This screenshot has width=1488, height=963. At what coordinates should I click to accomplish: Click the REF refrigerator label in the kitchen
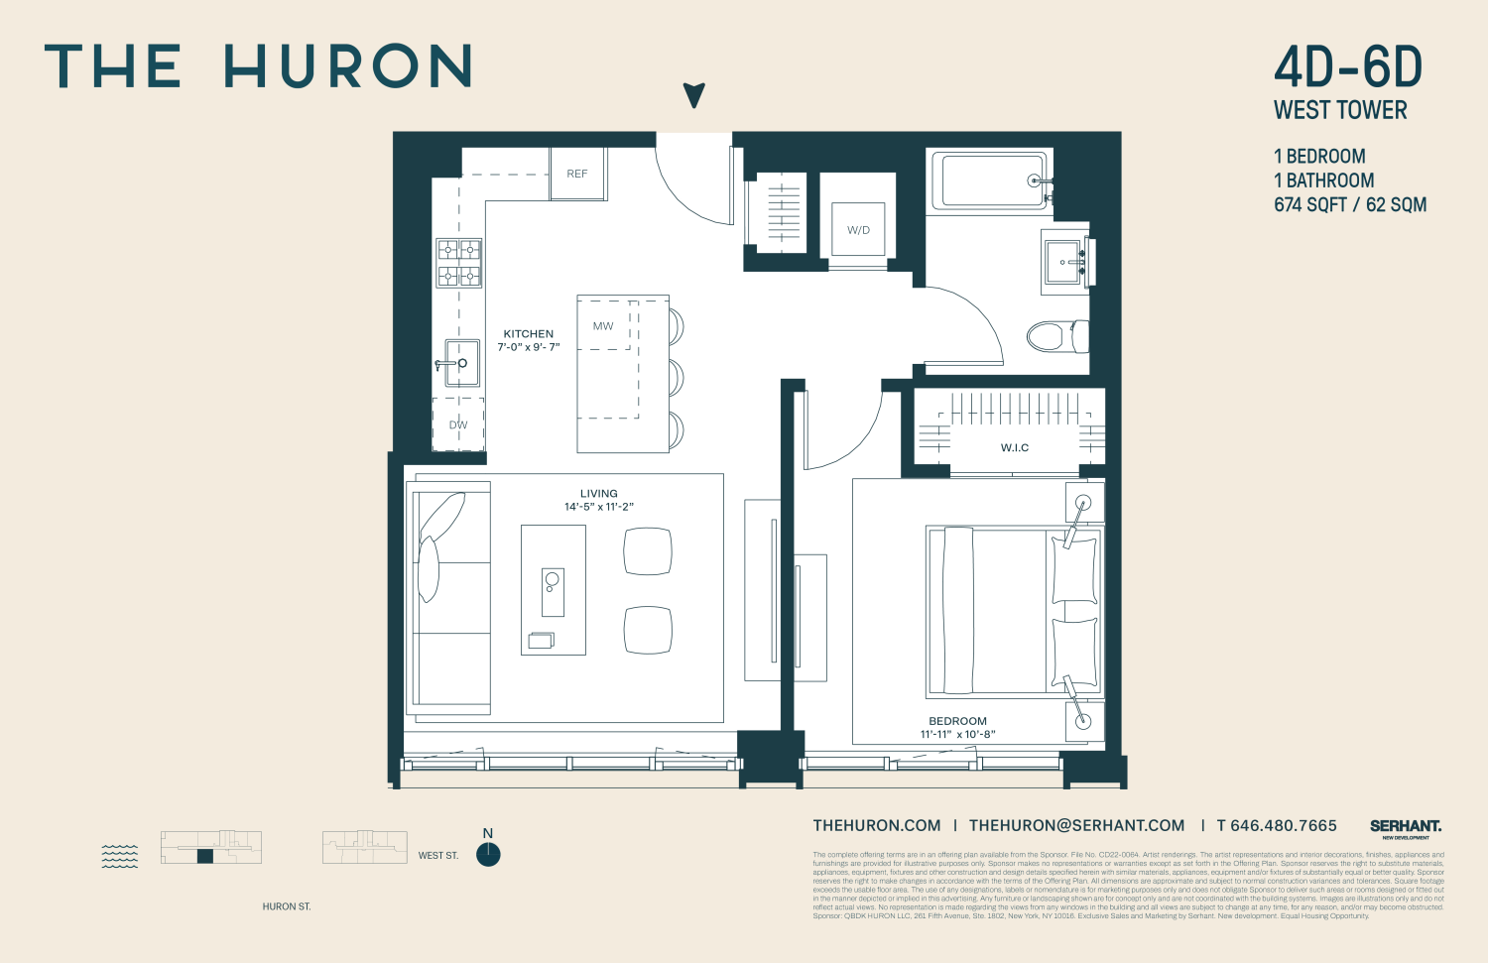577,174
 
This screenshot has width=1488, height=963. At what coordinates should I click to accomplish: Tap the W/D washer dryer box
858,230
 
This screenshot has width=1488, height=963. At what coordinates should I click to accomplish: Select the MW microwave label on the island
603,326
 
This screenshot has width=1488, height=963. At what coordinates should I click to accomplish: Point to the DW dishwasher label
458,425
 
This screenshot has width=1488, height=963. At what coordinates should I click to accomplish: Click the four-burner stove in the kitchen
459,263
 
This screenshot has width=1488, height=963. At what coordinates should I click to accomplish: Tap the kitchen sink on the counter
461,363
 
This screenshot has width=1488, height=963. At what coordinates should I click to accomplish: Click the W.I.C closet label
1015,448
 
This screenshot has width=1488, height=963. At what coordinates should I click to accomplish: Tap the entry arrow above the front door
694,95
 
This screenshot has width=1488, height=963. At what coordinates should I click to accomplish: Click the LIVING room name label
599,494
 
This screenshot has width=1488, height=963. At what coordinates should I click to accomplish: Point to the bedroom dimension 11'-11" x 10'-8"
957,735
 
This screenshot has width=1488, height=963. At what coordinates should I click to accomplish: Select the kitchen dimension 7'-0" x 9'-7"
529,347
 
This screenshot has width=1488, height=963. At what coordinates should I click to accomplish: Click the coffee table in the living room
554,590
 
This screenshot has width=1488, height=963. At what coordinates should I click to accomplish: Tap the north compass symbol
488,854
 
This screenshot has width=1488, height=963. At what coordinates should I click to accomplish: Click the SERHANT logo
1406,826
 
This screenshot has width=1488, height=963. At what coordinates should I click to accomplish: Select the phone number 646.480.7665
1283,825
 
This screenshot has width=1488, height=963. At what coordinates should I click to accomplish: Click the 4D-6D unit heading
1348,67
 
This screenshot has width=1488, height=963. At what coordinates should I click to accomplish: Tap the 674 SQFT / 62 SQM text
1350,205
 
